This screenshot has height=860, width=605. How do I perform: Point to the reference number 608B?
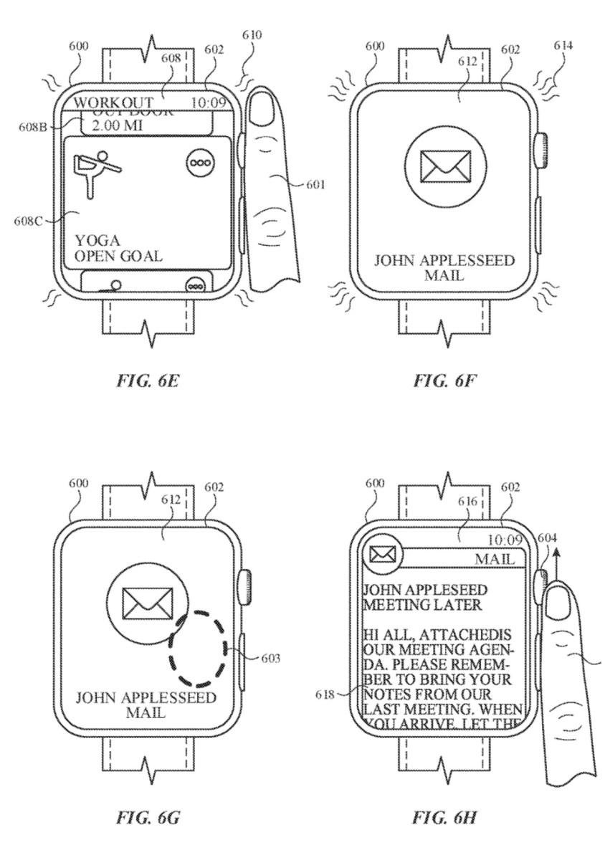click(x=31, y=128)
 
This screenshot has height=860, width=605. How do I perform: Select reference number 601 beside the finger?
click(x=314, y=185)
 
